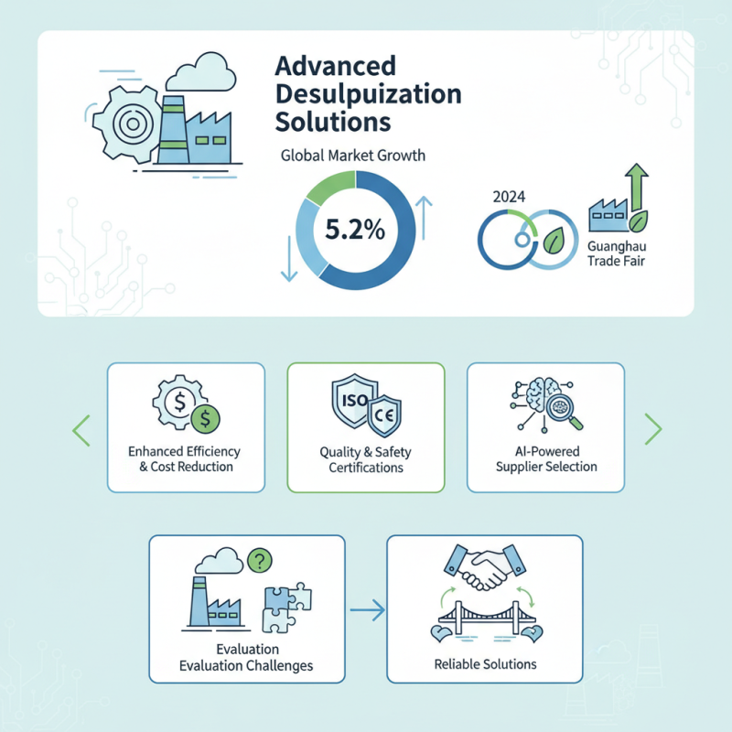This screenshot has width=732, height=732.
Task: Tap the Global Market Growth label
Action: coord(352,156)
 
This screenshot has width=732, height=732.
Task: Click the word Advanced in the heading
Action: coord(335,67)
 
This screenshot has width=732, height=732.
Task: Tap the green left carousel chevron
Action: coord(81,428)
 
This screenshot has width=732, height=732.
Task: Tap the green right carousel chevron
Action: coord(652,428)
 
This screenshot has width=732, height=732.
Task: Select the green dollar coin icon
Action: coord(207,419)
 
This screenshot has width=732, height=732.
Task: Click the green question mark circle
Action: coord(261,559)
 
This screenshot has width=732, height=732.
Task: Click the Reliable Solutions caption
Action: coord(485,663)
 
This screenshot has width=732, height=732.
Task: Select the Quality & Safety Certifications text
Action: coord(366,459)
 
